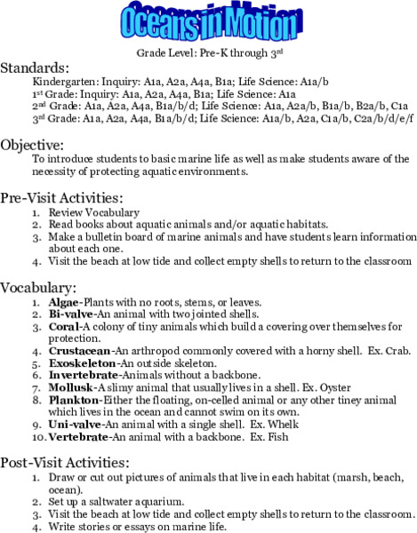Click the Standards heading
coord(34,68)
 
